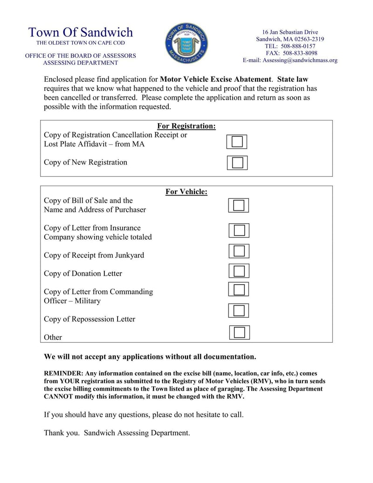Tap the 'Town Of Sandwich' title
tap(80, 32)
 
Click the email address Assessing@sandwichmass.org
tap(290, 60)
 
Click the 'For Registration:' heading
tap(186, 126)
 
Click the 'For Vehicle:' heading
tap(186, 192)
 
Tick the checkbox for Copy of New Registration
tap(237, 162)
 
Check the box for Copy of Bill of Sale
tap(239, 205)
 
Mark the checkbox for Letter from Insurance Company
tap(239, 231)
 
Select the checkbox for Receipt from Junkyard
tap(239, 251)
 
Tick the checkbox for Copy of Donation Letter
tap(239, 271)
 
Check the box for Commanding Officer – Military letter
tap(239, 289)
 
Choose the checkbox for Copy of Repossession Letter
tap(239, 310)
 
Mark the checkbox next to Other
tap(239, 332)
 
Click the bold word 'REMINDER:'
tap(63, 374)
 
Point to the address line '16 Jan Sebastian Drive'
tap(290, 32)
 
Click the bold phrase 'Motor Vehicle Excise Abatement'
tap(215, 79)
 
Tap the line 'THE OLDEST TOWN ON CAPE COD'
tap(80, 43)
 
